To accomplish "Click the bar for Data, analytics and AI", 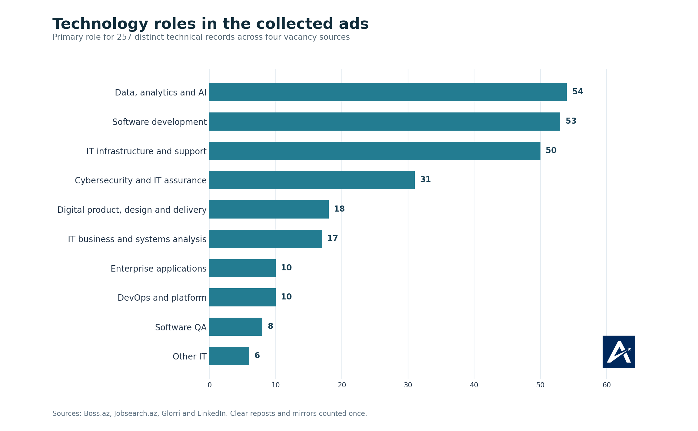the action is coord(388,92).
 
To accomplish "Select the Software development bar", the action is coord(385,122).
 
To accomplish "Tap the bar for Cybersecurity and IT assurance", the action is coord(312,180).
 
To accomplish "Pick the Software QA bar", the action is coord(236,327).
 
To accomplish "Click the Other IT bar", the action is coord(229,356).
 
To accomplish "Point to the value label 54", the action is coord(577,92).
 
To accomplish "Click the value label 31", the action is coord(425,180).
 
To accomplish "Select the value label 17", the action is coord(332,239).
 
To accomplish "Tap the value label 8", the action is coord(270,326).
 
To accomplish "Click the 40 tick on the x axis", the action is coord(474,385).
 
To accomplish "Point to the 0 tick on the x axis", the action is coord(210,385).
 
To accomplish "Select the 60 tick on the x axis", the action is coord(607,385).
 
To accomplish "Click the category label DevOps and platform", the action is coord(162,298).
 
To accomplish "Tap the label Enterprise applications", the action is coord(158,269).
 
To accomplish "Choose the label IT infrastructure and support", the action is coord(146,151).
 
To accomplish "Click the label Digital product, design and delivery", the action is coord(132,210).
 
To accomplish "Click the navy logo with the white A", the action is coord(619,352).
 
